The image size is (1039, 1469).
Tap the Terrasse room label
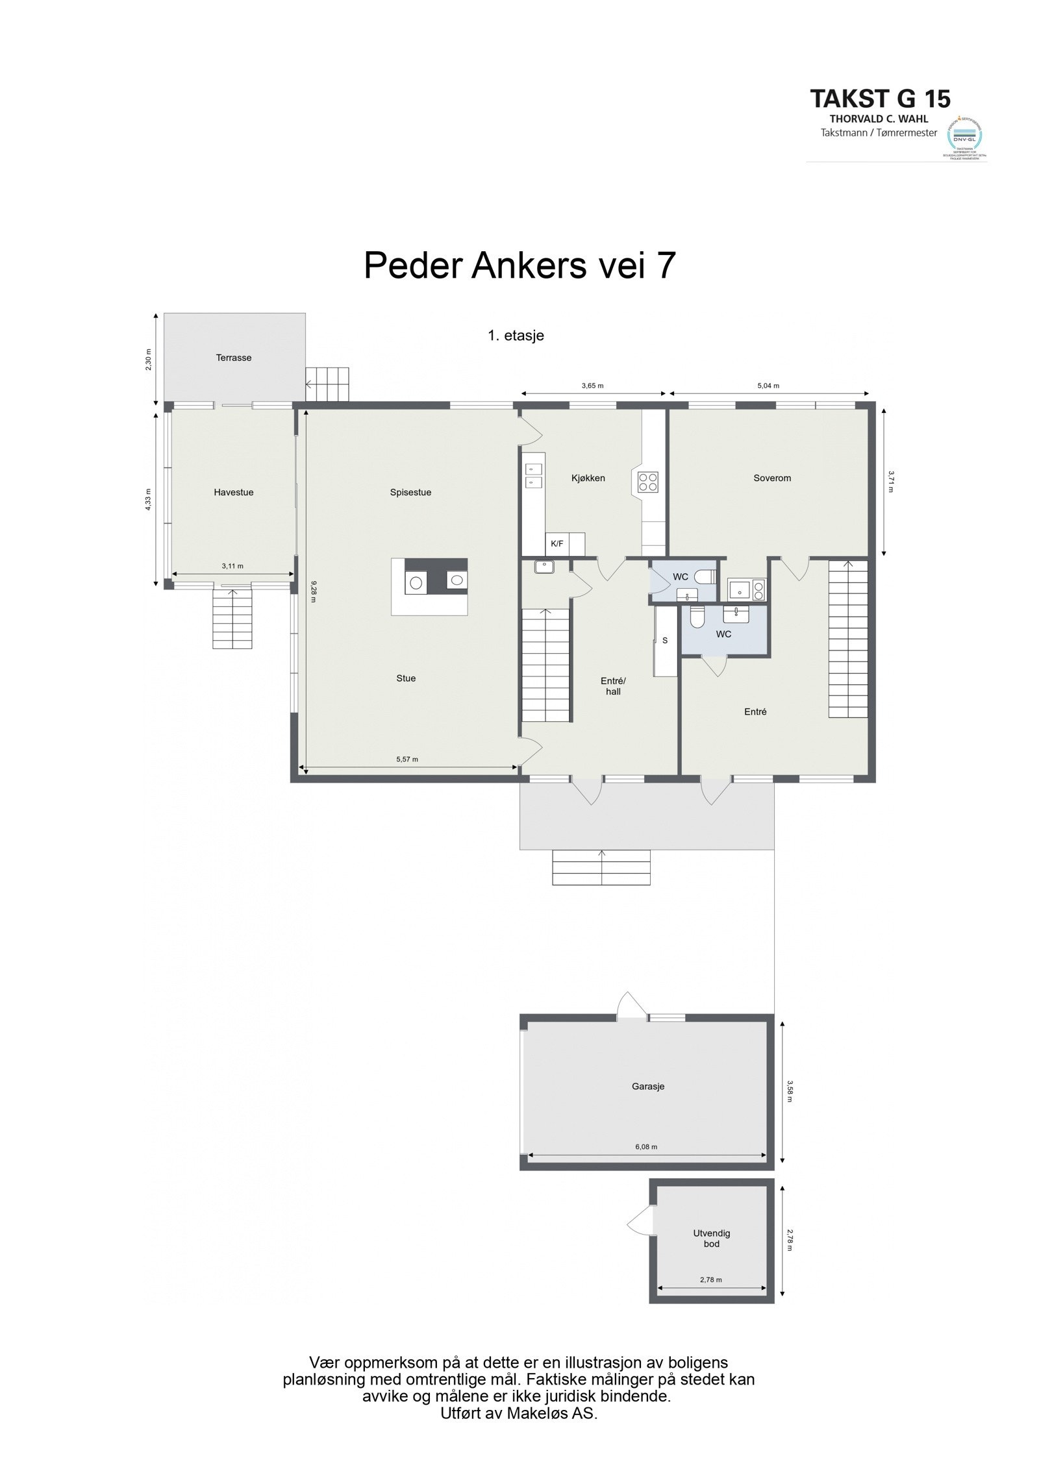234,358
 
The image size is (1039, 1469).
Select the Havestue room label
234,492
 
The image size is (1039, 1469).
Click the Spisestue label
410,492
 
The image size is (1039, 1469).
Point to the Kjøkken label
588,478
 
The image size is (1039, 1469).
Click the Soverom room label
772,478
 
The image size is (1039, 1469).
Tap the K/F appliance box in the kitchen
557,544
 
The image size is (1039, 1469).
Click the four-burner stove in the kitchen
647,481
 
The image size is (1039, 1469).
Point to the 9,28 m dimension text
313,591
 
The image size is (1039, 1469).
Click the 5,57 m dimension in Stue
407,759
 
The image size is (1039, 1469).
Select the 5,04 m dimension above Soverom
768,386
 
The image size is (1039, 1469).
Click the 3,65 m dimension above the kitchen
592,386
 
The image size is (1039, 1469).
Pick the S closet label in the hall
665,640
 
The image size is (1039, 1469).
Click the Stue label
406,678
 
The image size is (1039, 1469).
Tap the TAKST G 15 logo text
880,99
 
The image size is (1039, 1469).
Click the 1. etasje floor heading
516,336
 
